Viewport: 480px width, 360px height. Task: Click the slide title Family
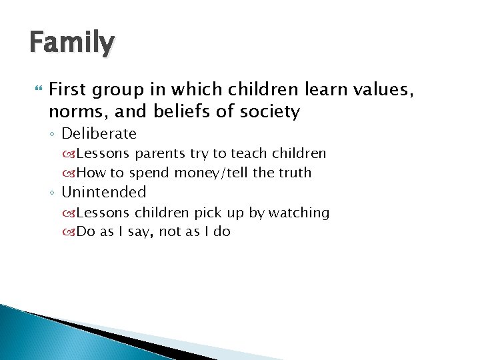coord(72,43)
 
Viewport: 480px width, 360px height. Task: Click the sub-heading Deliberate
coord(99,133)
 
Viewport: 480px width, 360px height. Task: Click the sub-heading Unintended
coord(103,193)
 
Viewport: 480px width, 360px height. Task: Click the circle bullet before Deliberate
coord(53,135)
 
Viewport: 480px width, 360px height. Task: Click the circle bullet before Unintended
coord(53,193)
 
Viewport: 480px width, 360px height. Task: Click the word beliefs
coord(183,111)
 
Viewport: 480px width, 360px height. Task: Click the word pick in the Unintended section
coord(207,213)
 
